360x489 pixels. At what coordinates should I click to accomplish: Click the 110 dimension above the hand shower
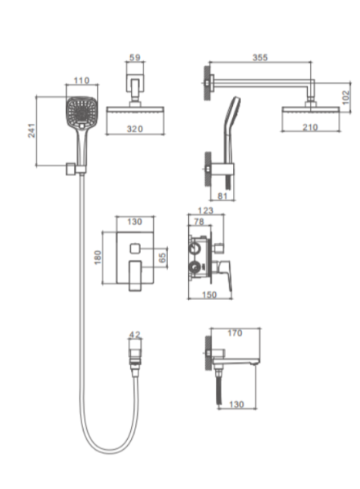click(81, 81)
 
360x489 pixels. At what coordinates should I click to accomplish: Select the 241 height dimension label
click(32, 130)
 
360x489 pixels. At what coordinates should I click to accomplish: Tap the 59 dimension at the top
click(135, 57)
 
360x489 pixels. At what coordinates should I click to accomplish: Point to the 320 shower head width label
click(135, 129)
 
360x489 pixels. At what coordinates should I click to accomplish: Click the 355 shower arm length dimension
click(260, 57)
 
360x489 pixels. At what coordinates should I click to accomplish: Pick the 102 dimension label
click(345, 98)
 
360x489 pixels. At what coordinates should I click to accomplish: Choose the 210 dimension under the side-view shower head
click(310, 127)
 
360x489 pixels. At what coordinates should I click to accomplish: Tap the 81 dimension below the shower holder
click(222, 196)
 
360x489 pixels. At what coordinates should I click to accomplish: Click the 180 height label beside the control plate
click(98, 258)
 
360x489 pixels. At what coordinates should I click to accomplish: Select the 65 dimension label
click(162, 258)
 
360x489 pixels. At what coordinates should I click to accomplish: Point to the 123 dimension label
click(205, 210)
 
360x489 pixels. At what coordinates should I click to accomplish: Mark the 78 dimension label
click(199, 221)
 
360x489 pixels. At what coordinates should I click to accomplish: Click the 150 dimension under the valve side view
click(209, 294)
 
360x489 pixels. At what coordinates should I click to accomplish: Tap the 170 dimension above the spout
click(235, 333)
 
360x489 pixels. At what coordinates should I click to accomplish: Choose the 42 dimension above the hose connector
click(135, 335)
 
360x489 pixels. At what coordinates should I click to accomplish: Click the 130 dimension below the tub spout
click(236, 404)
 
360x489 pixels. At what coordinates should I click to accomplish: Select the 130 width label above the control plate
click(134, 222)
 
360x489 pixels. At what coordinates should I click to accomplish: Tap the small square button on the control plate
click(134, 249)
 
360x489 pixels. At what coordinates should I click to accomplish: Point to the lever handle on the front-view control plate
click(135, 275)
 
